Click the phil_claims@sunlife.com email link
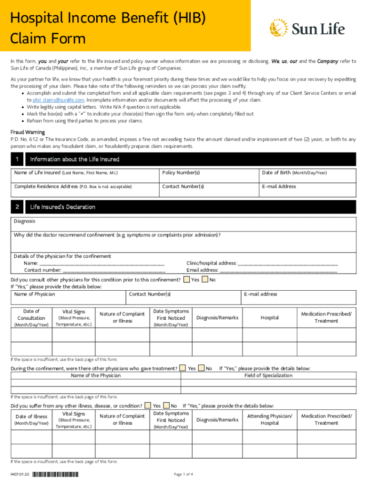pyautogui.click(x=59, y=100)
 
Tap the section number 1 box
pyautogui.click(x=17, y=159)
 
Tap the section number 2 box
pyautogui.click(x=17, y=207)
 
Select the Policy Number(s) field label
pyautogui.click(x=181, y=173)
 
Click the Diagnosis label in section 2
pyautogui.click(x=24, y=221)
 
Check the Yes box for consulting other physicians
pyautogui.click(x=186, y=280)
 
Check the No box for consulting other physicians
pyautogui.click(x=204, y=280)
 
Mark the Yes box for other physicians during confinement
pyautogui.click(x=183, y=368)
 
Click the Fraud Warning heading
pyautogui.click(x=28, y=132)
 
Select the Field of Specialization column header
pyautogui.click(x=268, y=376)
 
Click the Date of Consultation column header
pyautogui.click(x=31, y=318)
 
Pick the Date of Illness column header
pyautogui.click(x=31, y=419)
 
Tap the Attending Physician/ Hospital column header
pyautogui.click(x=270, y=419)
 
